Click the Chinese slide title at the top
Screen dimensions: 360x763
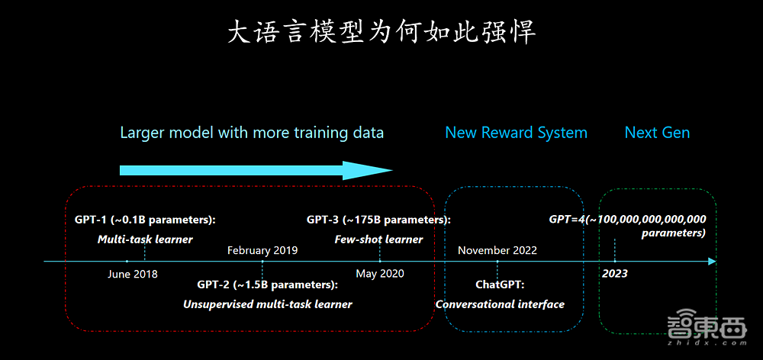click(x=381, y=32)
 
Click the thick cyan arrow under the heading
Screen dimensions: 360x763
click(x=256, y=170)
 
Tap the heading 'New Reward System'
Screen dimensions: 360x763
click(x=516, y=133)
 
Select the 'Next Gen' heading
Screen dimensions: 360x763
click(x=657, y=133)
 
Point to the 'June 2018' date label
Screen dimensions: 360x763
click(x=133, y=274)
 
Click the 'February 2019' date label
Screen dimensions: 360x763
click(x=262, y=250)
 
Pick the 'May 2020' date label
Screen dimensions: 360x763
click(x=380, y=274)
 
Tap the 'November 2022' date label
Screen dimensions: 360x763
click(x=497, y=250)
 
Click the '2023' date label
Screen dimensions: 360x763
click(x=615, y=273)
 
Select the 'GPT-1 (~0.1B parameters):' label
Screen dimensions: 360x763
click(x=145, y=220)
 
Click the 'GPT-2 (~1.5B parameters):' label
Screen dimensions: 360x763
click(x=268, y=285)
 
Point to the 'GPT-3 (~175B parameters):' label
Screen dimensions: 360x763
click(x=378, y=220)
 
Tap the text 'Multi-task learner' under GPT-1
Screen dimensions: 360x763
click(x=145, y=239)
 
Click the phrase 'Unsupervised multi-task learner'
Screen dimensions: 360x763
click(x=268, y=304)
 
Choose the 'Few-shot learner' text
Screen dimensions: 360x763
click(x=378, y=239)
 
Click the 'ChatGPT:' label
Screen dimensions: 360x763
click(x=501, y=285)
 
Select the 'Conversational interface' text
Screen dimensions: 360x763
click(x=501, y=304)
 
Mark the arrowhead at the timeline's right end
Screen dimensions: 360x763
click(x=713, y=262)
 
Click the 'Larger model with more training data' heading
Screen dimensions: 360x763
click(x=252, y=133)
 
